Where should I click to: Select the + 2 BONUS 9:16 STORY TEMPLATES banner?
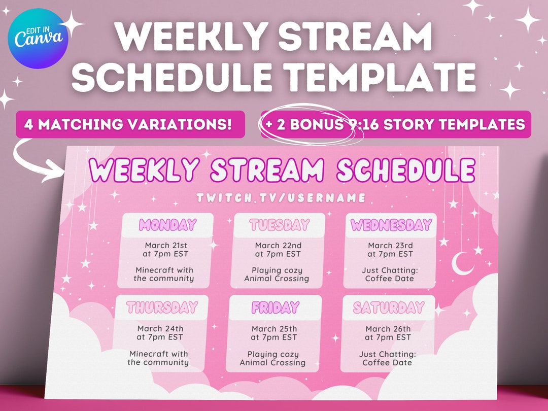[x=396, y=124]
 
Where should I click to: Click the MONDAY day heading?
[x=168, y=225]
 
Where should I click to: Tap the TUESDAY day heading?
[x=279, y=225]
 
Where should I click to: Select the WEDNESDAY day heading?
[x=391, y=225]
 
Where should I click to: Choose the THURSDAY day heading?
[x=162, y=307]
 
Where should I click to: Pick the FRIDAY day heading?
[x=275, y=307]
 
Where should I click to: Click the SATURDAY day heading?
[x=389, y=307]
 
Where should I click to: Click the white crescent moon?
[x=463, y=264]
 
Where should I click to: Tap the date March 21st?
[x=165, y=246]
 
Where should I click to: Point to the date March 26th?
[x=388, y=329]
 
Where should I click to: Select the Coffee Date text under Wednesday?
[x=389, y=279]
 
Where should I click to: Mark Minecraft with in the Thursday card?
[x=158, y=354]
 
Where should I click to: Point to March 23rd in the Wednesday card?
[x=390, y=246]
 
